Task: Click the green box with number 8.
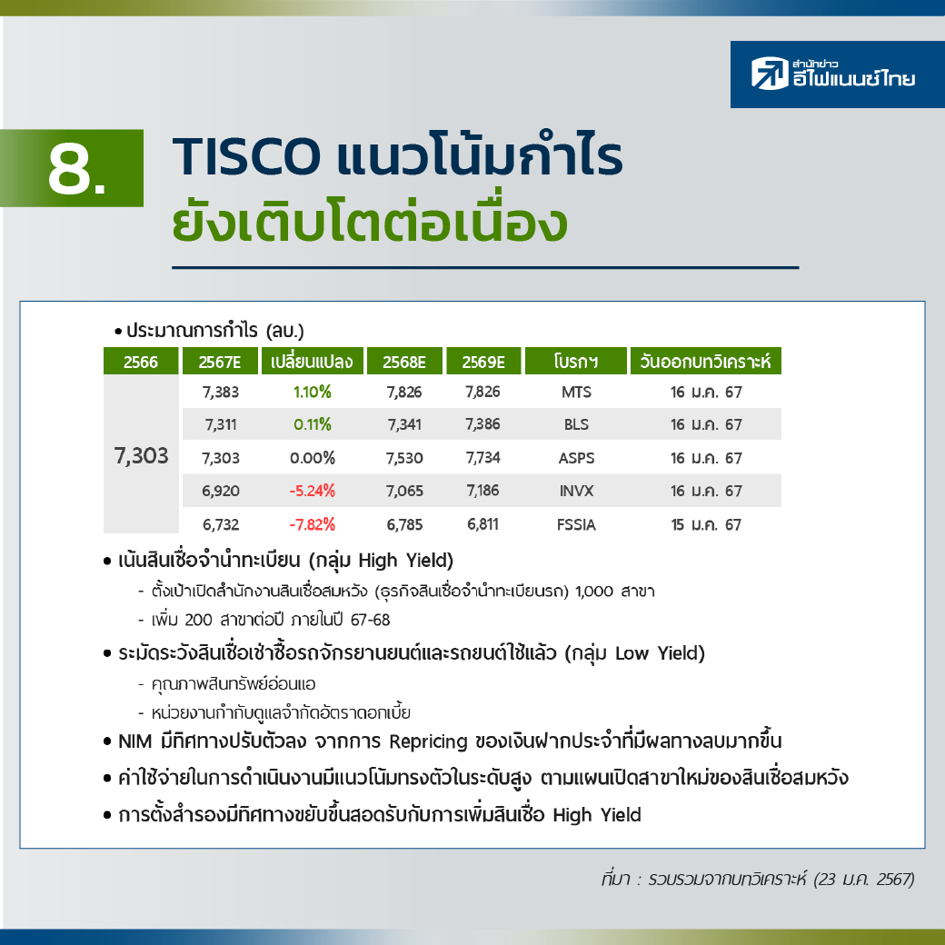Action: (72, 168)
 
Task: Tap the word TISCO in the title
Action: (246, 156)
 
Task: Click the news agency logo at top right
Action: (837, 75)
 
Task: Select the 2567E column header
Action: (220, 361)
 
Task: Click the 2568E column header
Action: (404, 361)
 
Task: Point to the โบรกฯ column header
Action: (576, 361)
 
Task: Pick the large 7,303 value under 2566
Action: (142, 455)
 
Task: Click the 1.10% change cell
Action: (313, 392)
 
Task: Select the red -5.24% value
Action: (313, 491)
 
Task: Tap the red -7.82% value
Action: (313, 524)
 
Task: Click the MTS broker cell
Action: (576, 392)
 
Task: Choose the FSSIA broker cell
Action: (576, 524)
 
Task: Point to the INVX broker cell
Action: (576, 491)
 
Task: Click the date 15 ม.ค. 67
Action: (706, 524)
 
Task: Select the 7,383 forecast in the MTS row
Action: (221, 392)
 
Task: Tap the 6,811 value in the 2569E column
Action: (482, 524)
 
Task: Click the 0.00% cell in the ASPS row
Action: (313, 458)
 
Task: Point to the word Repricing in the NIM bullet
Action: (428, 741)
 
